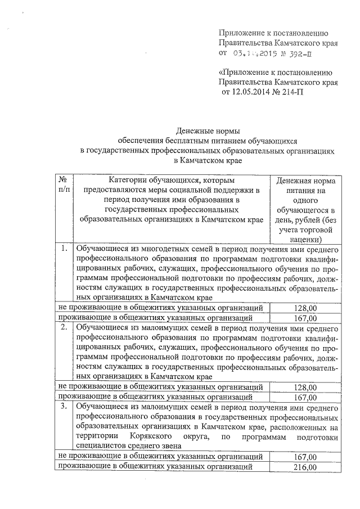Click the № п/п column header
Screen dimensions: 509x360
[x=64, y=184]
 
